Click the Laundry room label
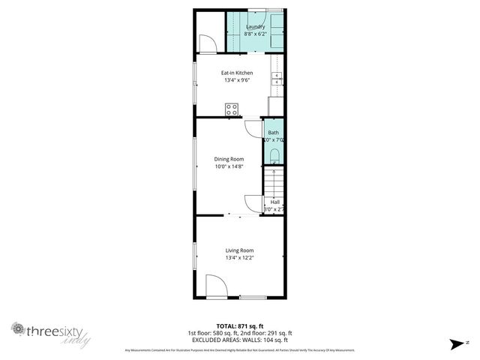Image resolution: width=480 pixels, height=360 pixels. [x=255, y=27]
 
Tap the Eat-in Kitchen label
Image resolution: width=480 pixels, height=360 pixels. [x=236, y=73]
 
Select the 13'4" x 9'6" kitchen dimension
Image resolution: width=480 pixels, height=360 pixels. [x=236, y=80]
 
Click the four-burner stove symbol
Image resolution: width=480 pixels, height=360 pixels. [x=232, y=109]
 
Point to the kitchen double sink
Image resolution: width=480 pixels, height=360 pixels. [x=277, y=79]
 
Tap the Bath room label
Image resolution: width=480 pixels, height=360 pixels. [x=274, y=133]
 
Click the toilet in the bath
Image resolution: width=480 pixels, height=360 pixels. [x=274, y=156]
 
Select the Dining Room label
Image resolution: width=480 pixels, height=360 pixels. [x=229, y=159]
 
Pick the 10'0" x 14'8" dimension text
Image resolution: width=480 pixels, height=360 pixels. [x=229, y=166]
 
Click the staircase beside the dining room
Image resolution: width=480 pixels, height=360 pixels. [x=274, y=181]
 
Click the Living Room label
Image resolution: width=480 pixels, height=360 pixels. [x=240, y=250]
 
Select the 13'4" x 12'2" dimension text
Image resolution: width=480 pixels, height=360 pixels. [x=240, y=258]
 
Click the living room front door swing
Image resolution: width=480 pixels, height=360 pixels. [x=216, y=286]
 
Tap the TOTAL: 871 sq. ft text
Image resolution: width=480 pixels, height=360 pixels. [x=239, y=325]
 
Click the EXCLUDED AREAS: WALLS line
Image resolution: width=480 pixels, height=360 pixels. [x=239, y=340]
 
